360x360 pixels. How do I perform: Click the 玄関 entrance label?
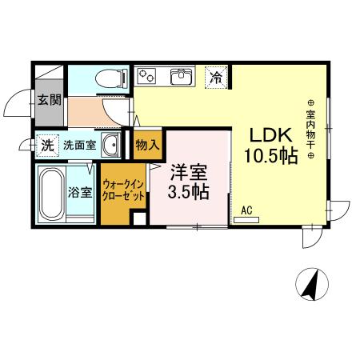click(49, 100)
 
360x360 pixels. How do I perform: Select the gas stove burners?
click(149, 77)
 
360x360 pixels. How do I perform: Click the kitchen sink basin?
click(181, 78)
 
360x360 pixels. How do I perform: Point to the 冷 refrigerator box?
click(216, 77)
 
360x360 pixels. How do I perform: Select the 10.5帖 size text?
click(270, 156)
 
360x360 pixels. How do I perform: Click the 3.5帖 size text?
click(189, 193)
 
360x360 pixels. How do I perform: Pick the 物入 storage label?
click(148, 146)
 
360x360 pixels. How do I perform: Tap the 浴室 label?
click(81, 193)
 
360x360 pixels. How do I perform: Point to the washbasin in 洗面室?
click(114, 146)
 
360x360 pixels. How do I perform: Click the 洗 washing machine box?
click(47, 146)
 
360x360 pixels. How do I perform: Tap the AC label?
click(246, 210)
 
